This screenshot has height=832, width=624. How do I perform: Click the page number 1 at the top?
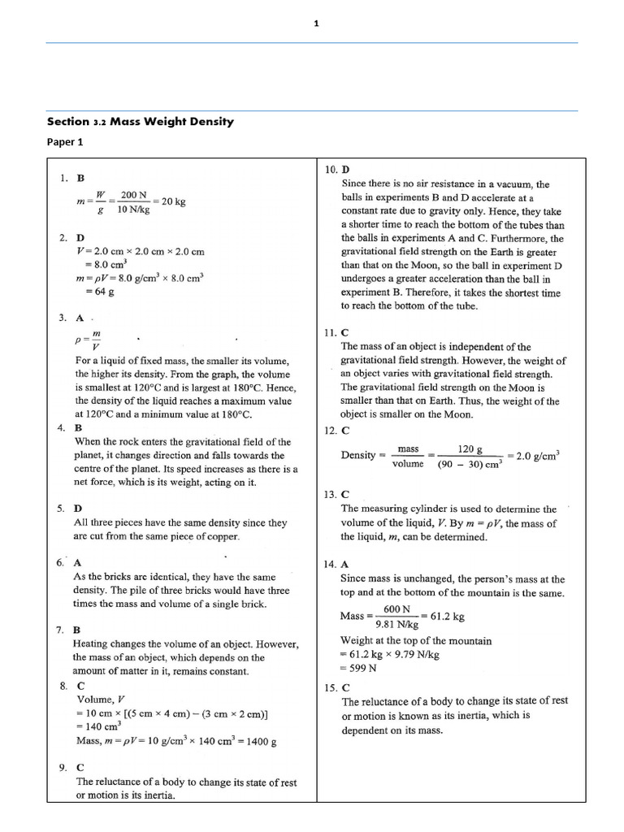[x=316, y=24]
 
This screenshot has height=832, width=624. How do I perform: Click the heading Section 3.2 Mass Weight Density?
[x=140, y=121]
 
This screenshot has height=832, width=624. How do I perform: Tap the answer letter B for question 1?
[x=80, y=177]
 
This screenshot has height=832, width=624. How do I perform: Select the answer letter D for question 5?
[x=79, y=509]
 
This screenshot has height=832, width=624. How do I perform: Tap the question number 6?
[x=60, y=562]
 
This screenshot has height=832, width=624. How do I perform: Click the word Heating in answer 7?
[x=93, y=643]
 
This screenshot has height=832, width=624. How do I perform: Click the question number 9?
[x=62, y=767]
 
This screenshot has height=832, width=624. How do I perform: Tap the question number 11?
[x=328, y=332]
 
